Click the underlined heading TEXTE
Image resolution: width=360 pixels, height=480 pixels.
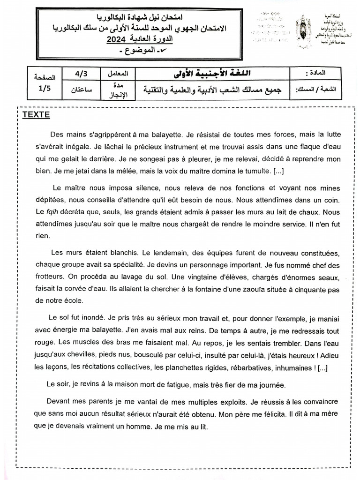pyautogui.click(x=36, y=115)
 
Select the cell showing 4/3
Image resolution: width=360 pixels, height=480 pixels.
pyautogui.click(x=81, y=74)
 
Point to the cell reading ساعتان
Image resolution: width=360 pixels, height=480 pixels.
pyautogui.click(x=81, y=89)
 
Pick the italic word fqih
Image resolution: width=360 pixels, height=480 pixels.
pyautogui.click(x=51, y=212)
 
